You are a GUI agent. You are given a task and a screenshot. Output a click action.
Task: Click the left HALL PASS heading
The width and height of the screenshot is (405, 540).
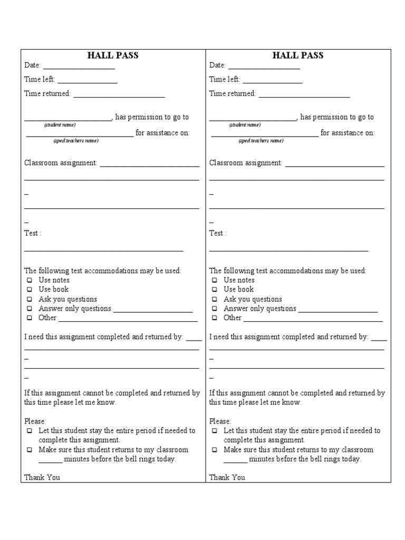click(113, 55)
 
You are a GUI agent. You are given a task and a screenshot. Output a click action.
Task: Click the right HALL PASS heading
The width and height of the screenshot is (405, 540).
click(298, 55)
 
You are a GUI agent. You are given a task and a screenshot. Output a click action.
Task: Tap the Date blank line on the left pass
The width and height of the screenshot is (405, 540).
click(79, 67)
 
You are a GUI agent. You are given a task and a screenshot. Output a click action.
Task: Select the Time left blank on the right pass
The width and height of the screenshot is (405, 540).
click(272, 82)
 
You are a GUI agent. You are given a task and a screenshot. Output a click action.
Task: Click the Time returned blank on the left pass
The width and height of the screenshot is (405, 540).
click(119, 96)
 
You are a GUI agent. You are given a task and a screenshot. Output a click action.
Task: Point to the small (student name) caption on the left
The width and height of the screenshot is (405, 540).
click(60, 125)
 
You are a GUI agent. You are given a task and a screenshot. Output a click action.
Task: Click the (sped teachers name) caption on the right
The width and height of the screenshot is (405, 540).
click(261, 141)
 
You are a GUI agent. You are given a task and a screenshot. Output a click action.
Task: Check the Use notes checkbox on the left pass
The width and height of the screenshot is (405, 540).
click(30, 281)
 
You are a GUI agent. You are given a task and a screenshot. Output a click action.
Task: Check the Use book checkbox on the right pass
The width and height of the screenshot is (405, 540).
click(215, 290)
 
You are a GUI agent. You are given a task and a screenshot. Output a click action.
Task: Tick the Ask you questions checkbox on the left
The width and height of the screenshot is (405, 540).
click(30, 299)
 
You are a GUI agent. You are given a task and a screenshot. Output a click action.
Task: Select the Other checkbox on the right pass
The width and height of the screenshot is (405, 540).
click(215, 318)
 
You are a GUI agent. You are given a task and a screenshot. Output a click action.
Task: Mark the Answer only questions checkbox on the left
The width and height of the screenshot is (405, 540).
click(30, 308)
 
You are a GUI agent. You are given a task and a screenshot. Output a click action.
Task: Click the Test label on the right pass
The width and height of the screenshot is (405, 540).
click(217, 233)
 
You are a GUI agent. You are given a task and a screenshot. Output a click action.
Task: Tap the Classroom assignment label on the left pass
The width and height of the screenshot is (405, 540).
click(61, 163)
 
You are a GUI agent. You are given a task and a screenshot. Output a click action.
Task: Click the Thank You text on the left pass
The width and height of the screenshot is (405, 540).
click(42, 478)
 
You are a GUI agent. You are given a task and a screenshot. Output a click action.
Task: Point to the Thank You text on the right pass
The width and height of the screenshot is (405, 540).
click(227, 478)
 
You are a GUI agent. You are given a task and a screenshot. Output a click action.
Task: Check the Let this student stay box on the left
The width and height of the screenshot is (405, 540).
click(30, 431)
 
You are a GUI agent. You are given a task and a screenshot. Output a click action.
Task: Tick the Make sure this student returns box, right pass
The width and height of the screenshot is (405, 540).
click(215, 450)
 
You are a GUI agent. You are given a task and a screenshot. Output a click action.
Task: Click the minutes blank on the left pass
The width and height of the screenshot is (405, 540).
click(51, 461)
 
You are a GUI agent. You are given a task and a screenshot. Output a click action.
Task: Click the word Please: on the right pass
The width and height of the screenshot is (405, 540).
click(220, 421)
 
